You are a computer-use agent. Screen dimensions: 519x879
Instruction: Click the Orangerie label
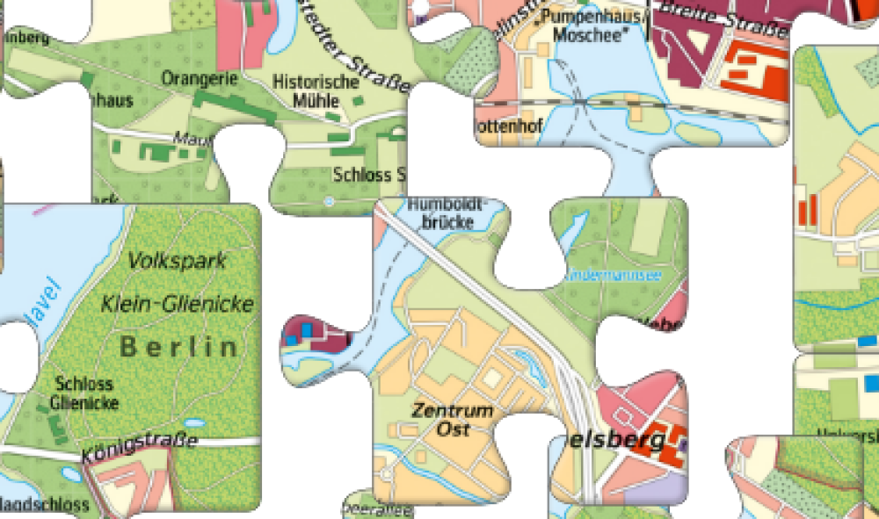200,79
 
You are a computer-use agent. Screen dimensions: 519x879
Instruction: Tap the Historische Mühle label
316,90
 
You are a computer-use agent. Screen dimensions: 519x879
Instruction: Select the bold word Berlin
179,347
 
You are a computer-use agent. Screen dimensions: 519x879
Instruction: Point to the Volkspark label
177,261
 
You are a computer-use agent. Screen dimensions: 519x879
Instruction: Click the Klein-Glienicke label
178,305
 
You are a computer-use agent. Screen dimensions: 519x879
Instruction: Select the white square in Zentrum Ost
493,378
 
